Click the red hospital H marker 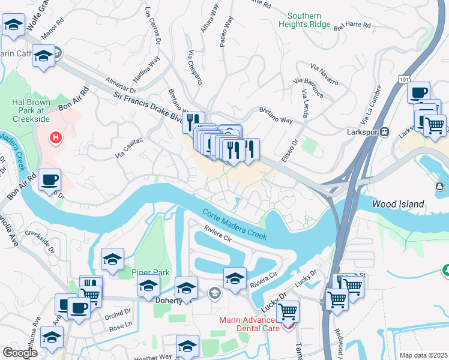pyautogui.click(x=56, y=138)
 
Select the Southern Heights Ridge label pyautogui.click(x=309, y=20)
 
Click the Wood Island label pyautogui.click(x=397, y=204)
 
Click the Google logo pyautogui.click(x=20, y=353)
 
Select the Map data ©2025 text pyautogui.click(x=423, y=355)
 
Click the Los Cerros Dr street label pyautogui.click(x=154, y=28)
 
